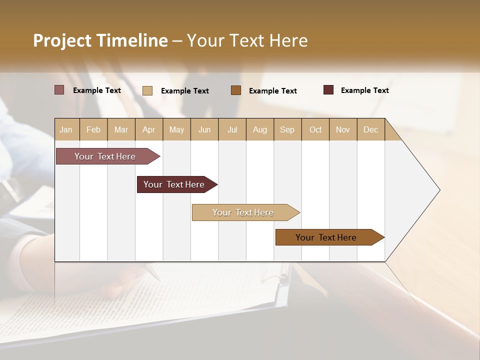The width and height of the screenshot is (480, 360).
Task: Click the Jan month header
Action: click(66, 129)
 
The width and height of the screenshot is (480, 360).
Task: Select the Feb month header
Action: click(93, 129)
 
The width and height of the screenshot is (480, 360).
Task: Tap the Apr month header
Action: click(149, 129)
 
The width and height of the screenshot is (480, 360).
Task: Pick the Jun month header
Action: click(204, 129)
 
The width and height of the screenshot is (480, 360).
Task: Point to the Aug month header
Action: click(260, 129)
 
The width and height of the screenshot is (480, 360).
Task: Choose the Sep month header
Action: click(287, 129)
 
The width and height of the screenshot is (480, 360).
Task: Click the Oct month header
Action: click(315, 129)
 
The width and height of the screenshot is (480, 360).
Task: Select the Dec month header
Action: click(371, 129)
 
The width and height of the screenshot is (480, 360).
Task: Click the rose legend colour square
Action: click(59, 90)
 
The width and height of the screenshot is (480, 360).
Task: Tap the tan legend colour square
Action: click(147, 90)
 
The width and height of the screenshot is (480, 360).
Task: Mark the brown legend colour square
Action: click(236, 90)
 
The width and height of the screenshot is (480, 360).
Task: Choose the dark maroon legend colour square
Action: click(328, 90)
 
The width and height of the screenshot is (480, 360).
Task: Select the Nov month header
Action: click(343, 129)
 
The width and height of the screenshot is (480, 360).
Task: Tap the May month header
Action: click(176, 129)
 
